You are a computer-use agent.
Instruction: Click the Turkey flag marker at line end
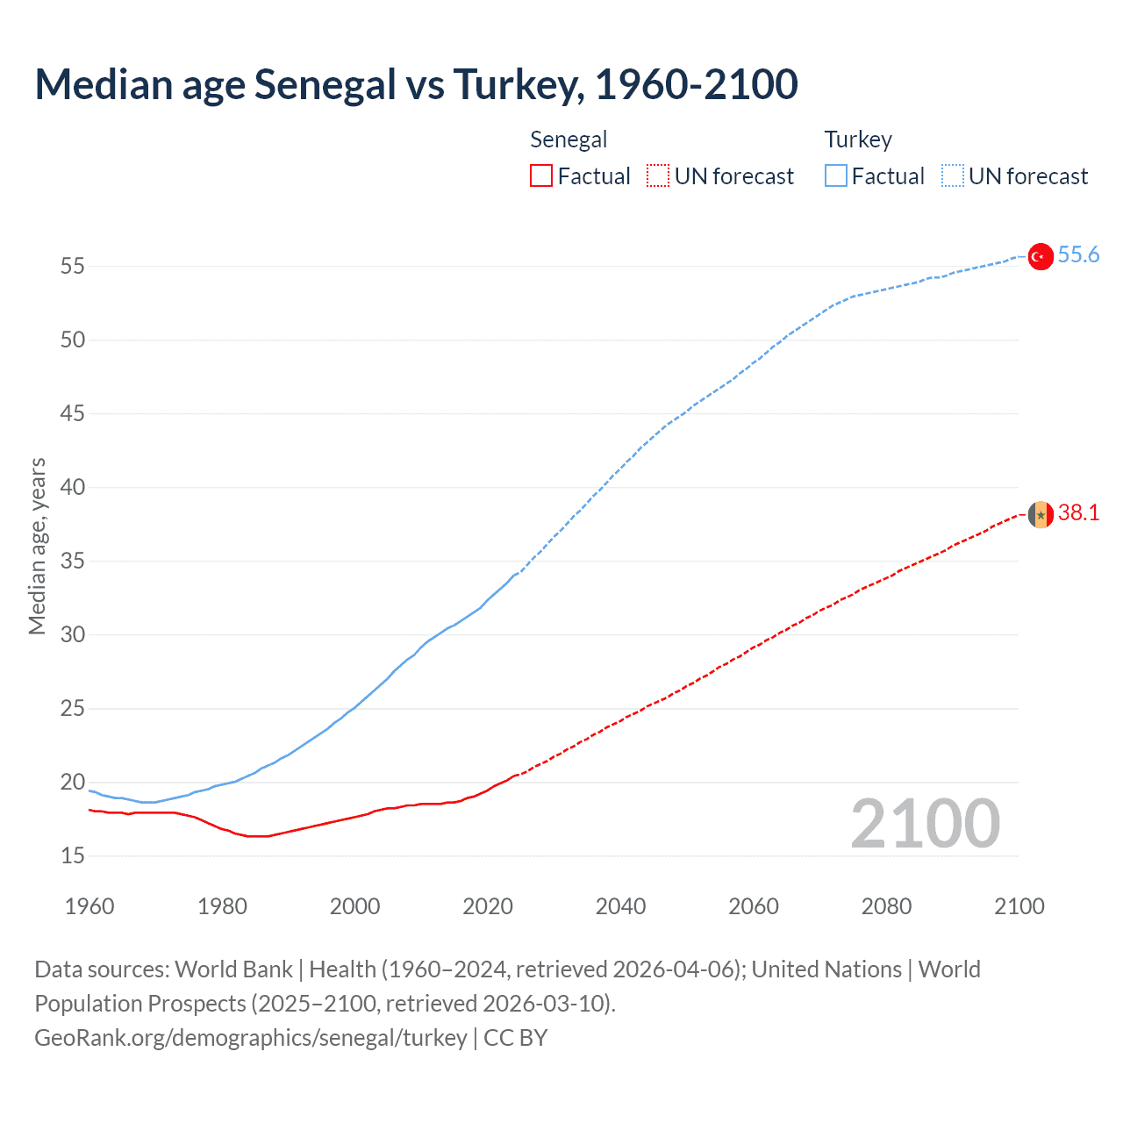(1041, 256)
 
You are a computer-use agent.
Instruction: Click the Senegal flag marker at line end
(1041, 514)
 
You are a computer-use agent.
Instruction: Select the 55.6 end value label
(1078, 255)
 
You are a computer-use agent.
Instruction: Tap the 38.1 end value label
(1078, 513)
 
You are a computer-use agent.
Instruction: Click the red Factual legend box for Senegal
(541, 176)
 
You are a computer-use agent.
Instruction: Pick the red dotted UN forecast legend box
(658, 176)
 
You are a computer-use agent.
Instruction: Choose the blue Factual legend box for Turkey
(835, 176)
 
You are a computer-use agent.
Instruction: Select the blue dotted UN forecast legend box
(952, 176)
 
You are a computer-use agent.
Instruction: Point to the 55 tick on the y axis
(73, 266)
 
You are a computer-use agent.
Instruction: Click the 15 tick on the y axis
(73, 855)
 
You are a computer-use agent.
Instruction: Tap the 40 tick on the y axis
(73, 487)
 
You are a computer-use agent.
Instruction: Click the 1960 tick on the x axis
(89, 906)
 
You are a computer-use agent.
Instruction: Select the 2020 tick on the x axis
(488, 906)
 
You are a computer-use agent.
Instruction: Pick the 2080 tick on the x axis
(886, 906)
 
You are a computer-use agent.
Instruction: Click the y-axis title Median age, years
(37, 546)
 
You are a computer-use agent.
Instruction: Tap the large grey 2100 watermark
(925, 824)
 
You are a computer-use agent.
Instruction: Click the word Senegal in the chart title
(325, 85)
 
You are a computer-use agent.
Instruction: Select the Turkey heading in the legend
(858, 140)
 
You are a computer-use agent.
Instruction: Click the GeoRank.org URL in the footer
(251, 1038)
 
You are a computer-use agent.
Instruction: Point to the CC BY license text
(516, 1038)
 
